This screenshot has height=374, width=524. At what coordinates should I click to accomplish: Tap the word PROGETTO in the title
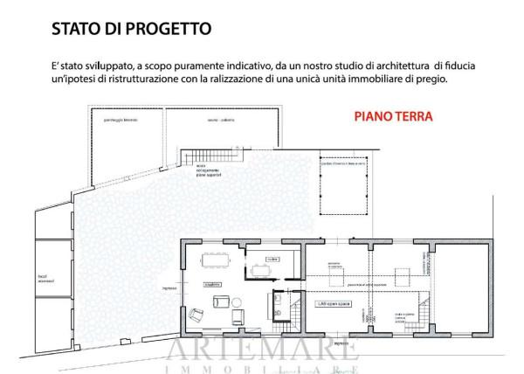(x=165, y=27)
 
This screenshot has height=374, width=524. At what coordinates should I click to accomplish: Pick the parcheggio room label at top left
(x=122, y=118)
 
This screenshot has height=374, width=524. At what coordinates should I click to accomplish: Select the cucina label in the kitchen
(x=273, y=259)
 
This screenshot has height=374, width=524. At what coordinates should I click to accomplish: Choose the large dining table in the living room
(x=215, y=259)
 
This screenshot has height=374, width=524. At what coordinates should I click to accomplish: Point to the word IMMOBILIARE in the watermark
(x=261, y=367)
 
